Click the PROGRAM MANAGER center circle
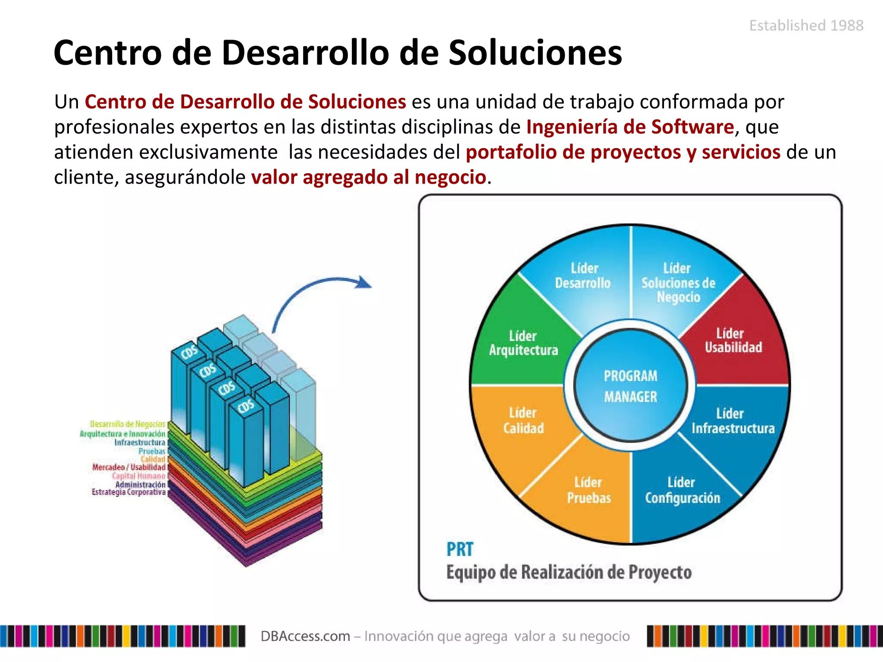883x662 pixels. coord(630,386)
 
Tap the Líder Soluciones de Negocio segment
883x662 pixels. coord(678,282)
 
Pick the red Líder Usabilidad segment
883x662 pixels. coord(733,340)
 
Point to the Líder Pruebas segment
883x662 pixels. coord(589,490)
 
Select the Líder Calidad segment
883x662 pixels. coord(523,420)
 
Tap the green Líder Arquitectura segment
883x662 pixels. coord(523,343)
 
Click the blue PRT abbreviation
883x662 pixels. coord(460,550)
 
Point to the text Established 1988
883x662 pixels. coord(806,26)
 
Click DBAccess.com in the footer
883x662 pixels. coord(305,636)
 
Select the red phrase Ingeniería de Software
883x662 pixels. coord(630,127)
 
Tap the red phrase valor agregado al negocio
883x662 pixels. coord(369,177)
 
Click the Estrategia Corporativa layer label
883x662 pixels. coord(128,492)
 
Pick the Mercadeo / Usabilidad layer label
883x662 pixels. coord(129,467)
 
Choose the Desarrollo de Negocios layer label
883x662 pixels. coord(128,425)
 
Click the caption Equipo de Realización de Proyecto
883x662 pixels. coord(569,572)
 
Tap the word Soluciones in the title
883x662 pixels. coord(535,53)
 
